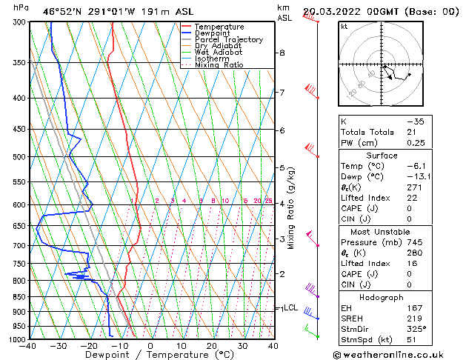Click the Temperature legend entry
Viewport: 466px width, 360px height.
click(218, 27)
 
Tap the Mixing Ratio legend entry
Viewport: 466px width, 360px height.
click(219, 65)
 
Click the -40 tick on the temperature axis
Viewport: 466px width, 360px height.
click(29, 346)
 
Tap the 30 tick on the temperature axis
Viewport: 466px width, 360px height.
click(242, 346)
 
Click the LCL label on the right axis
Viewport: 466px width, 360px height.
click(290, 307)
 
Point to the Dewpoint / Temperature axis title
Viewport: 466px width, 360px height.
click(150, 355)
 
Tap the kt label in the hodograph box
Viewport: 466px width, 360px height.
click(344, 26)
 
